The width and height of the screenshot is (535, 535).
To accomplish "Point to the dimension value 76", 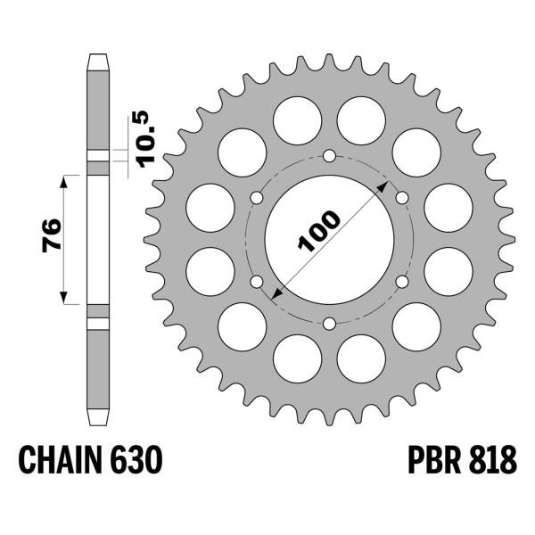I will point(52,237).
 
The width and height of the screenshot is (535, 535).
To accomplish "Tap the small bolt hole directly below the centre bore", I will point(329,322).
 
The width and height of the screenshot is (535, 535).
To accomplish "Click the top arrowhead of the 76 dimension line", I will point(64,178).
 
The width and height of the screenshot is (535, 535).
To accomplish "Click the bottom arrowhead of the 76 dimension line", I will point(64,300).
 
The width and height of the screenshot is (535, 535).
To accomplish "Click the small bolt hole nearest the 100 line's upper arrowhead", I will point(401,197).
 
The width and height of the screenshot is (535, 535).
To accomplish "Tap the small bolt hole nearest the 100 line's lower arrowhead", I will point(258,281).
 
